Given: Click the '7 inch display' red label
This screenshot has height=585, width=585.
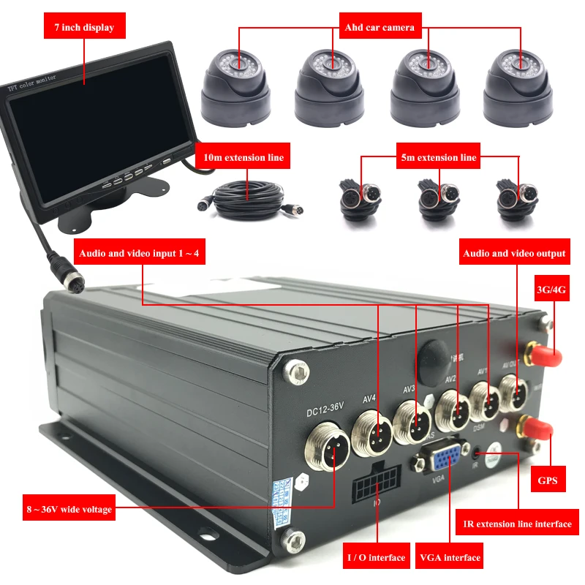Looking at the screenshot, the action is coord(84,27).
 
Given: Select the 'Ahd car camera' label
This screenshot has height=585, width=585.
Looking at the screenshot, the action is coord(380,27).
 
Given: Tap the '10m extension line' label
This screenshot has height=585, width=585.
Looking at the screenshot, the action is coord(244,157).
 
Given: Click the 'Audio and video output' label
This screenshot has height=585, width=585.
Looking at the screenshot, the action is coord(514,253).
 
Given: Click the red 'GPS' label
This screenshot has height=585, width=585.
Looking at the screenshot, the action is coord(547,480).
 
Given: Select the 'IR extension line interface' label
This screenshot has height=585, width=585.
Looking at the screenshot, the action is coord(518,524).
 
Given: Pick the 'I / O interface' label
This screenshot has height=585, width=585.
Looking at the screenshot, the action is coord(377,557).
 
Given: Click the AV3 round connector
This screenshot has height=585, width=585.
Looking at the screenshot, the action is coord(413,420).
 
